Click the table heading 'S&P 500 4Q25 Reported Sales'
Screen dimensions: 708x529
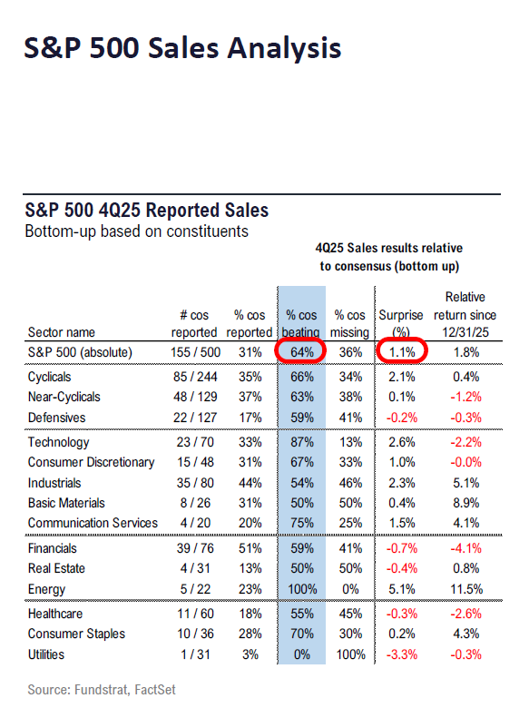point(147,211)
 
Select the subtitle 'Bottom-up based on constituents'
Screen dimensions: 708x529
point(136,231)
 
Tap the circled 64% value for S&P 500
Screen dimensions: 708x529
point(299,352)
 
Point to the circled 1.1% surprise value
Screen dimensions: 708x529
point(401,352)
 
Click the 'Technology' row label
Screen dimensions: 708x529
point(59,442)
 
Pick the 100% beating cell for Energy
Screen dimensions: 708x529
point(299,588)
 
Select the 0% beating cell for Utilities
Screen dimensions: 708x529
point(299,654)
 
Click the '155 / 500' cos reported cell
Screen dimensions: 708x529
point(192,352)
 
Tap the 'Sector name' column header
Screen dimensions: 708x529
point(62,332)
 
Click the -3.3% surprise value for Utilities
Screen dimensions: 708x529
point(401,654)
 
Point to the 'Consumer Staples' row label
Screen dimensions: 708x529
point(76,634)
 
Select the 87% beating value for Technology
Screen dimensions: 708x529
point(299,442)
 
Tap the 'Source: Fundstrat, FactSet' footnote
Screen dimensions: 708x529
point(102,690)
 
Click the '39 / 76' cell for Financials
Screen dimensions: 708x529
point(192,548)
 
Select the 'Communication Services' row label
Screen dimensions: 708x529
point(93,523)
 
